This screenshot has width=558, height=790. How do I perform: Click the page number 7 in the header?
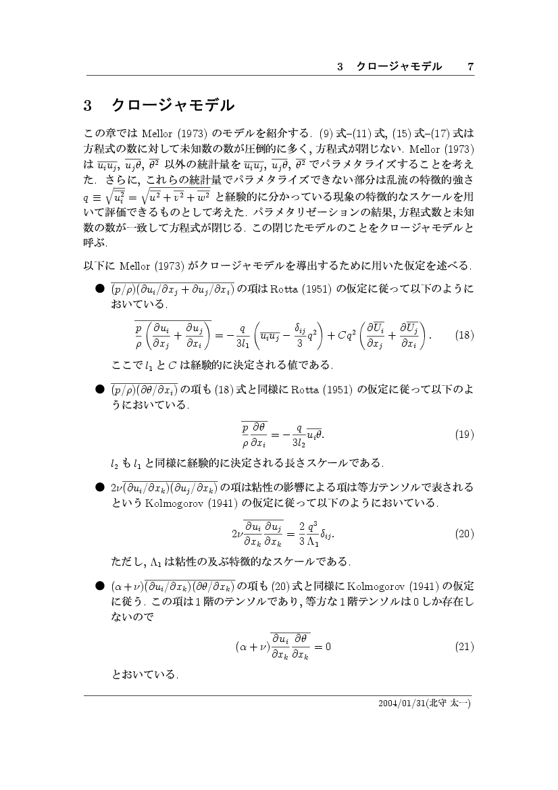pos(470,66)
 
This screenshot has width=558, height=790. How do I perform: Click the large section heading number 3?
pos(87,106)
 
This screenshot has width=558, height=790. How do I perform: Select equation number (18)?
pos(465,335)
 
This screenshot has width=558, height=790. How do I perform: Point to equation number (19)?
pos(465,433)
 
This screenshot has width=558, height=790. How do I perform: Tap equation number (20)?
pos(465,533)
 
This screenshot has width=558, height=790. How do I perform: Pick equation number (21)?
pos(465,647)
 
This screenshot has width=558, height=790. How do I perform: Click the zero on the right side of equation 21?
pos(328,647)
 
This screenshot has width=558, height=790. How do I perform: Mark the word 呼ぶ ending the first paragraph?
pos(95,244)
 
